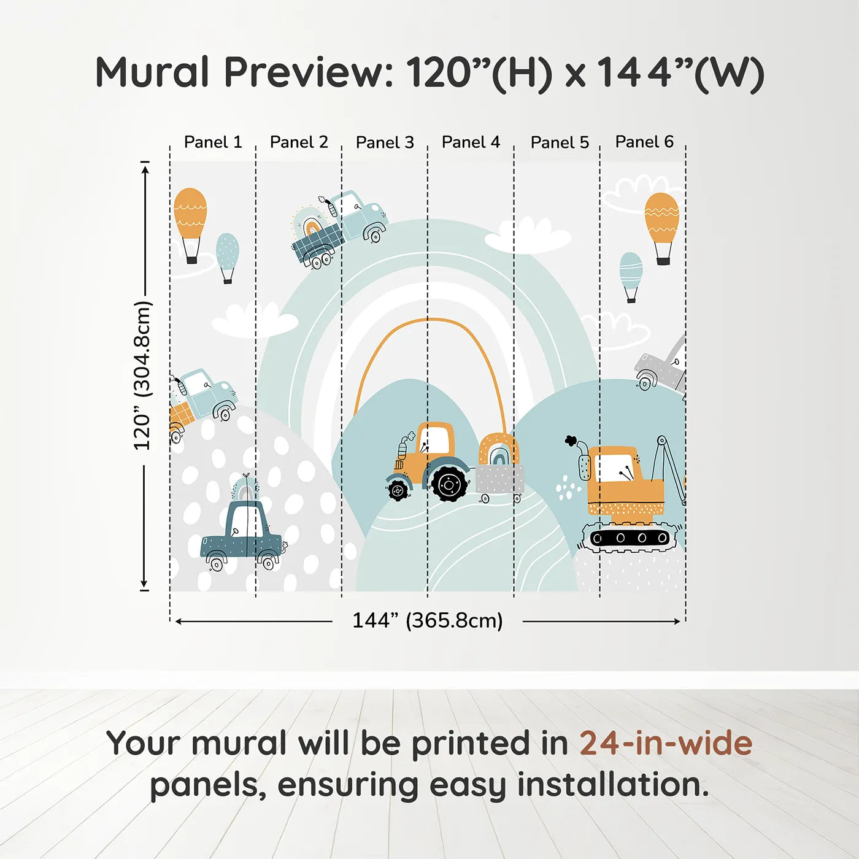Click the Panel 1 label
click(213, 142)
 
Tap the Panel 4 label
click(471, 142)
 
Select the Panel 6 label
click(644, 142)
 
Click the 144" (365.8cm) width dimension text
click(428, 620)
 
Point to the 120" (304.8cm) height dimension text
click(143, 376)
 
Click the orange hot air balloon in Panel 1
click(190, 226)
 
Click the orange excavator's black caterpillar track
click(631, 538)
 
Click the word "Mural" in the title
click(152, 72)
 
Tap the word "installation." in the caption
click(613, 785)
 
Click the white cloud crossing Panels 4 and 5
click(528, 236)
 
